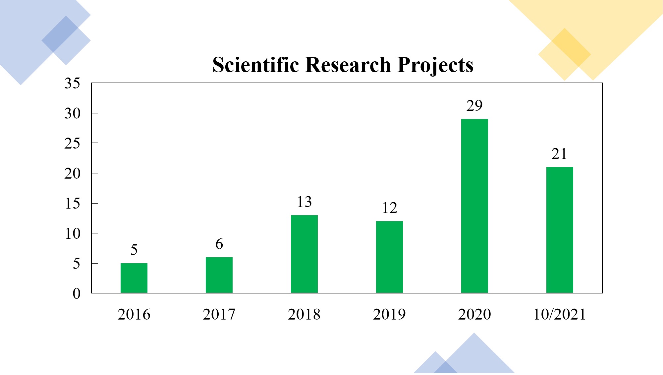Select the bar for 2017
[x=219, y=275]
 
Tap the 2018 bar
[x=304, y=254]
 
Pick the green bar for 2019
[x=389, y=257]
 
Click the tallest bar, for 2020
[x=474, y=206]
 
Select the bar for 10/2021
[x=560, y=230]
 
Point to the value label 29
[x=474, y=106]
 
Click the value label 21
[x=559, y=154]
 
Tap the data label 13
[x=304, y=202]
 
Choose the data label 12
[x=389, y=208]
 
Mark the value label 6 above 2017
[x=219, y=244]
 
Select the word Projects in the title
[x=435, y=65]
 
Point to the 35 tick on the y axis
[x=72, y=83]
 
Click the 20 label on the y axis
[x=72, y=173]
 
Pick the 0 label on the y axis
[x=77, y=294]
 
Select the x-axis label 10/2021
[x=559, y=314]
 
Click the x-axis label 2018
[x=304, y=314]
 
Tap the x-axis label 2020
[x=474, y=314]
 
